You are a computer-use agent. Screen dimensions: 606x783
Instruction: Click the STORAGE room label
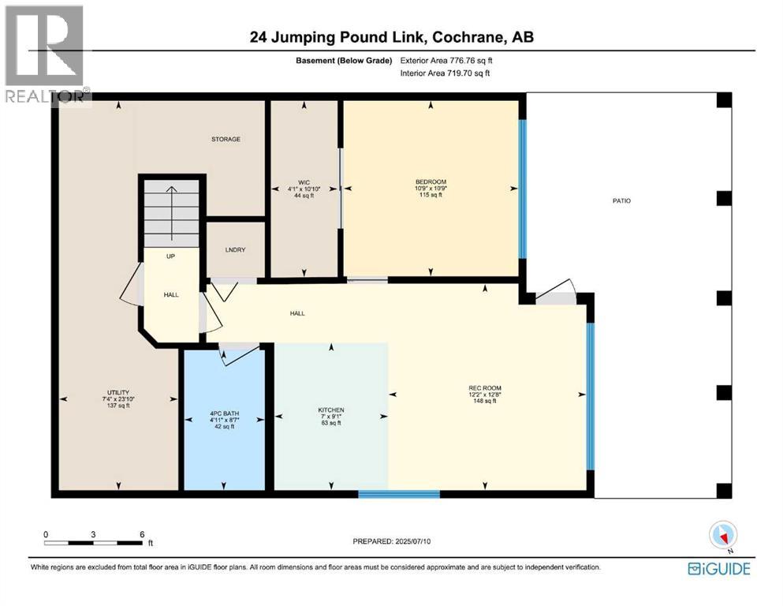coord(226,140)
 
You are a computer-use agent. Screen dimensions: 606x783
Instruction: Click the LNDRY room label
coord(235,250)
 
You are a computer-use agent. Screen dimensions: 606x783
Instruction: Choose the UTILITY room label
coord(118,392)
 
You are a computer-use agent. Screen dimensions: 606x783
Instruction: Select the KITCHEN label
coord(331,410)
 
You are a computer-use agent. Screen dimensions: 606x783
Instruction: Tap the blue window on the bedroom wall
coord(522,189)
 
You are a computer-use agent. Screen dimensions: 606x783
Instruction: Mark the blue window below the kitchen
coord(398,495)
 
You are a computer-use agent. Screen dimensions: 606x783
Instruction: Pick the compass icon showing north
coord(722,535)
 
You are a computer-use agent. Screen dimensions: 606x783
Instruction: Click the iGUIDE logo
coord(718,568)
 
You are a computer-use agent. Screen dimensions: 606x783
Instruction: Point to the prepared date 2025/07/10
coord(392,541)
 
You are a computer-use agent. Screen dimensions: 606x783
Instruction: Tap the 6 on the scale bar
coord(142,534)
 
